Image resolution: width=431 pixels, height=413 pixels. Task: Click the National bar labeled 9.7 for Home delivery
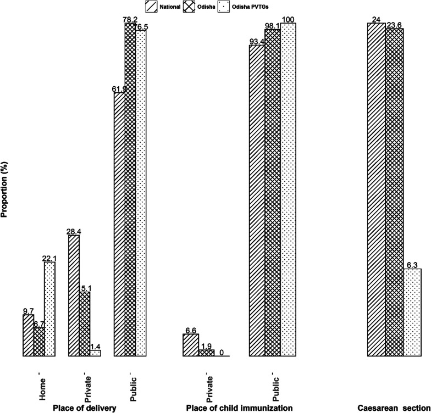28,336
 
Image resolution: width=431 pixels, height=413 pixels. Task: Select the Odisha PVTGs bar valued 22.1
50,309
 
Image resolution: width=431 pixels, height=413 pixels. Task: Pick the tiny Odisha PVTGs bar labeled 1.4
96,353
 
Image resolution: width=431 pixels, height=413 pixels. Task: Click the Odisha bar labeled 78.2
131,190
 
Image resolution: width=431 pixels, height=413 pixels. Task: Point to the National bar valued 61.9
120,225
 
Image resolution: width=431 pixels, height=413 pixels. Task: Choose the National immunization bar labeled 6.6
191,345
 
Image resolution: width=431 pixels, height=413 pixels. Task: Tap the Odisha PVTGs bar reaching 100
288,190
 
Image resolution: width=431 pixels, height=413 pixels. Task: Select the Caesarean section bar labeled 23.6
395,192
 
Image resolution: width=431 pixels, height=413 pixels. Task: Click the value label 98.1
273,26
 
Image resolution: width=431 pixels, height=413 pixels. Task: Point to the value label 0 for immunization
222,353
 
